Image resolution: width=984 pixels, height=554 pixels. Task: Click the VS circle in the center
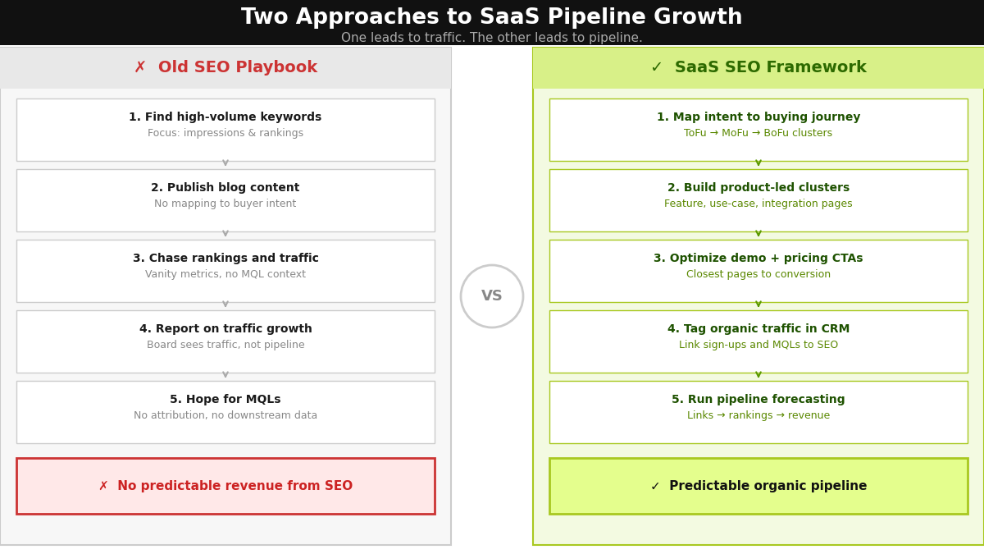pyautogui.click(x=492, y=296)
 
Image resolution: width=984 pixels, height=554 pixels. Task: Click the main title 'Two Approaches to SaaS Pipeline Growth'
pyautogui.click(x=492, y=17)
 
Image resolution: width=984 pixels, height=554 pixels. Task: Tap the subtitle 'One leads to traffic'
pyautogui.click(x=492, y=38)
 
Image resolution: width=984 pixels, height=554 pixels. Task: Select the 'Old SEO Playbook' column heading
pyautogui.click(x=237, y=67)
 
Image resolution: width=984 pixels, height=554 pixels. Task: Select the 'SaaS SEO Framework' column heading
pyautogui.click(x=770, y=67)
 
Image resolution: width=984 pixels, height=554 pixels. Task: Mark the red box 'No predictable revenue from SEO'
pyautogui.click(x=225, y=486)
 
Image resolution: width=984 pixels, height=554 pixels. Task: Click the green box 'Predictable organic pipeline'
pyautogui.click(x=758, y=486)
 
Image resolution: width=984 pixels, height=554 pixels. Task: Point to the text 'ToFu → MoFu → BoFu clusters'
pyautogui.click(x=758, y=133)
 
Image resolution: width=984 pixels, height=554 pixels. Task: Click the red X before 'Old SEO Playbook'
pyautogui.click(x=140, y=67)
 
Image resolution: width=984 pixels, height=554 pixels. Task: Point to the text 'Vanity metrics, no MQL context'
pyautogui.click(x=225, y=274)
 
